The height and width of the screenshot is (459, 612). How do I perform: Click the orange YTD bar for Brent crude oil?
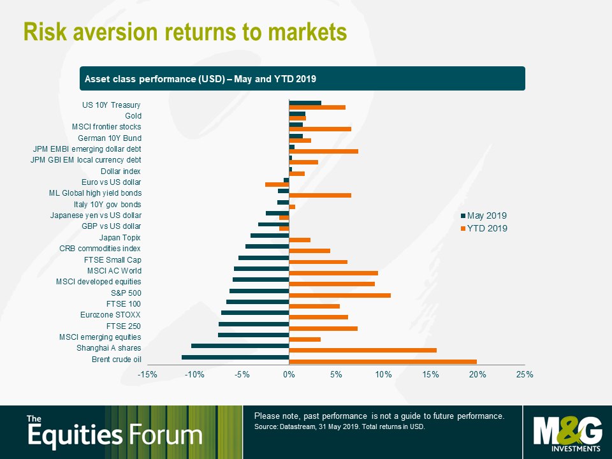point(382,362)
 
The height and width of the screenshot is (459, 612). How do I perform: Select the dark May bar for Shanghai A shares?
point(240,346)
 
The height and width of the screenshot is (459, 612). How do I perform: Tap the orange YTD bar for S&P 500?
point(340,295)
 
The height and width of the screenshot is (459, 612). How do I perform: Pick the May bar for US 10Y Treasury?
point(305,103)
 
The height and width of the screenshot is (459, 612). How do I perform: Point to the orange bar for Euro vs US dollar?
point(277,184)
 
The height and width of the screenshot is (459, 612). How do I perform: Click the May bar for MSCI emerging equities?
point(253,335)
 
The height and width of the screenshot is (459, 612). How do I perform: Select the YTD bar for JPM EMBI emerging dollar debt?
point(324,151)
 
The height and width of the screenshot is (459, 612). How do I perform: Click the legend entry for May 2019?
point(484,215)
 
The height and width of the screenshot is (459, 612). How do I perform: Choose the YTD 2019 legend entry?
point(484,228)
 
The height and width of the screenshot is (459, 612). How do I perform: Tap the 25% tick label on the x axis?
point(525,375)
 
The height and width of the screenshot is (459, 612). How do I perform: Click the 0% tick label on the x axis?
point(289,375)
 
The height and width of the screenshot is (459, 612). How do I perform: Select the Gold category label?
point(133,116)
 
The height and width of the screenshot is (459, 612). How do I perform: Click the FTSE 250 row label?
point(123,326)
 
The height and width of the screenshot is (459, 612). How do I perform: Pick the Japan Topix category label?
point(120,238)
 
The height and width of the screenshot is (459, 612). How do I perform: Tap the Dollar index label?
point(120,171)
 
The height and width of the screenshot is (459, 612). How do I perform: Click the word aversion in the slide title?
point(115,32)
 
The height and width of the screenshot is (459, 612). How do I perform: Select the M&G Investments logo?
point(567,433)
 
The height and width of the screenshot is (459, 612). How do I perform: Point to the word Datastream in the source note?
point(298,426)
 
